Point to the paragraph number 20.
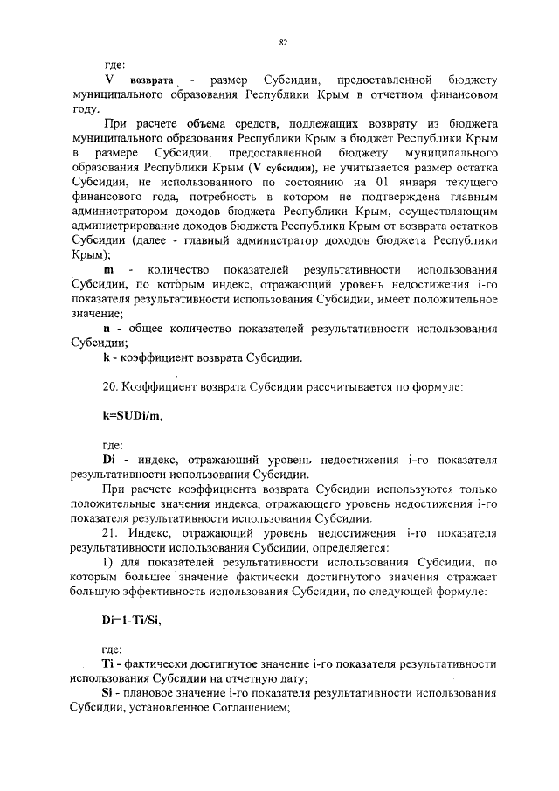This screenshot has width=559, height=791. [x=110, y=386]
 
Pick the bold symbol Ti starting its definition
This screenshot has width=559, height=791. [x=108, y=665]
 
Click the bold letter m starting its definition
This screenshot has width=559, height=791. [x=108, y=272]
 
